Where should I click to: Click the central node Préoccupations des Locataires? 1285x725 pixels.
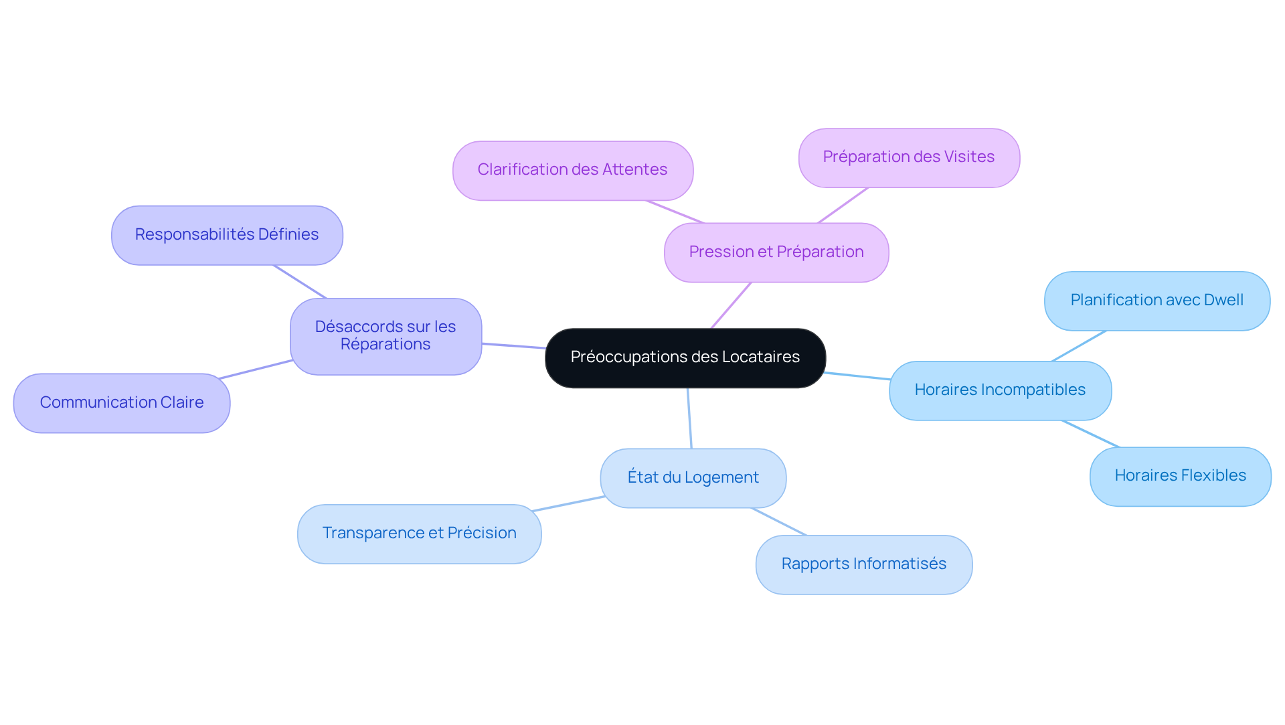685,357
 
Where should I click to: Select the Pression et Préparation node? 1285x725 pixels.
776,252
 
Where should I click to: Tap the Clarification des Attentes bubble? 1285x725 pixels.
572,170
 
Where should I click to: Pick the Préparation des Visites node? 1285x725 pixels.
908,157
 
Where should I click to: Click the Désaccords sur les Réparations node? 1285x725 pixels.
385,336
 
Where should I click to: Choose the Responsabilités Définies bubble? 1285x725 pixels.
227,235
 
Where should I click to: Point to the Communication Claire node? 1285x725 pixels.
122,403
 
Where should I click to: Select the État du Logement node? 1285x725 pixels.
693,478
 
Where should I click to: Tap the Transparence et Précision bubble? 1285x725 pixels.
419,534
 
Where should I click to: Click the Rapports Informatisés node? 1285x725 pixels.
863,564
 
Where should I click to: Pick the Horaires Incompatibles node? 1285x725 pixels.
1000,390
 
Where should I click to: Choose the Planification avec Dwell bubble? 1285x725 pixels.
1156,301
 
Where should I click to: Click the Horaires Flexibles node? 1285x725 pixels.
1180,476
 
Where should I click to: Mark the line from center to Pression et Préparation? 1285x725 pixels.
731,305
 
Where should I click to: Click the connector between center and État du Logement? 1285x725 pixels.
689,418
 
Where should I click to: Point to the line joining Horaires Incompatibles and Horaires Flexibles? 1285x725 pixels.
1090,434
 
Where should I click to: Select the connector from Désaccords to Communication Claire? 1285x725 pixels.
256,370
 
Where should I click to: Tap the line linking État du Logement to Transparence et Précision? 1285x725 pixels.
569,503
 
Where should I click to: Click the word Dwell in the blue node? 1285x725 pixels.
1223,301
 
